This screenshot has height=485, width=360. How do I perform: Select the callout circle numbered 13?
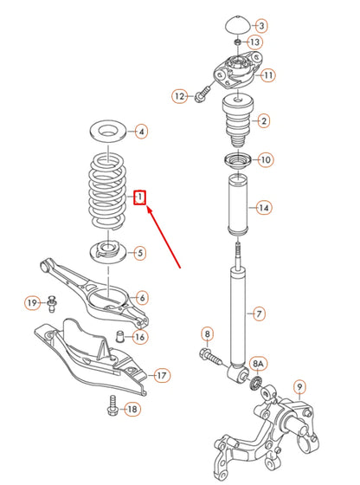[x=254, y=42]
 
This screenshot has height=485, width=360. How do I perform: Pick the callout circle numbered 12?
[x=179, y=95]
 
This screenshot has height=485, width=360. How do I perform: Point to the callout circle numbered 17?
[x=162, y=375]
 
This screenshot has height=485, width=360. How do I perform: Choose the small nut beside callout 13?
[x=236, y=42]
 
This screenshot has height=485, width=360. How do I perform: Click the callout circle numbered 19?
[x=32, y=302]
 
